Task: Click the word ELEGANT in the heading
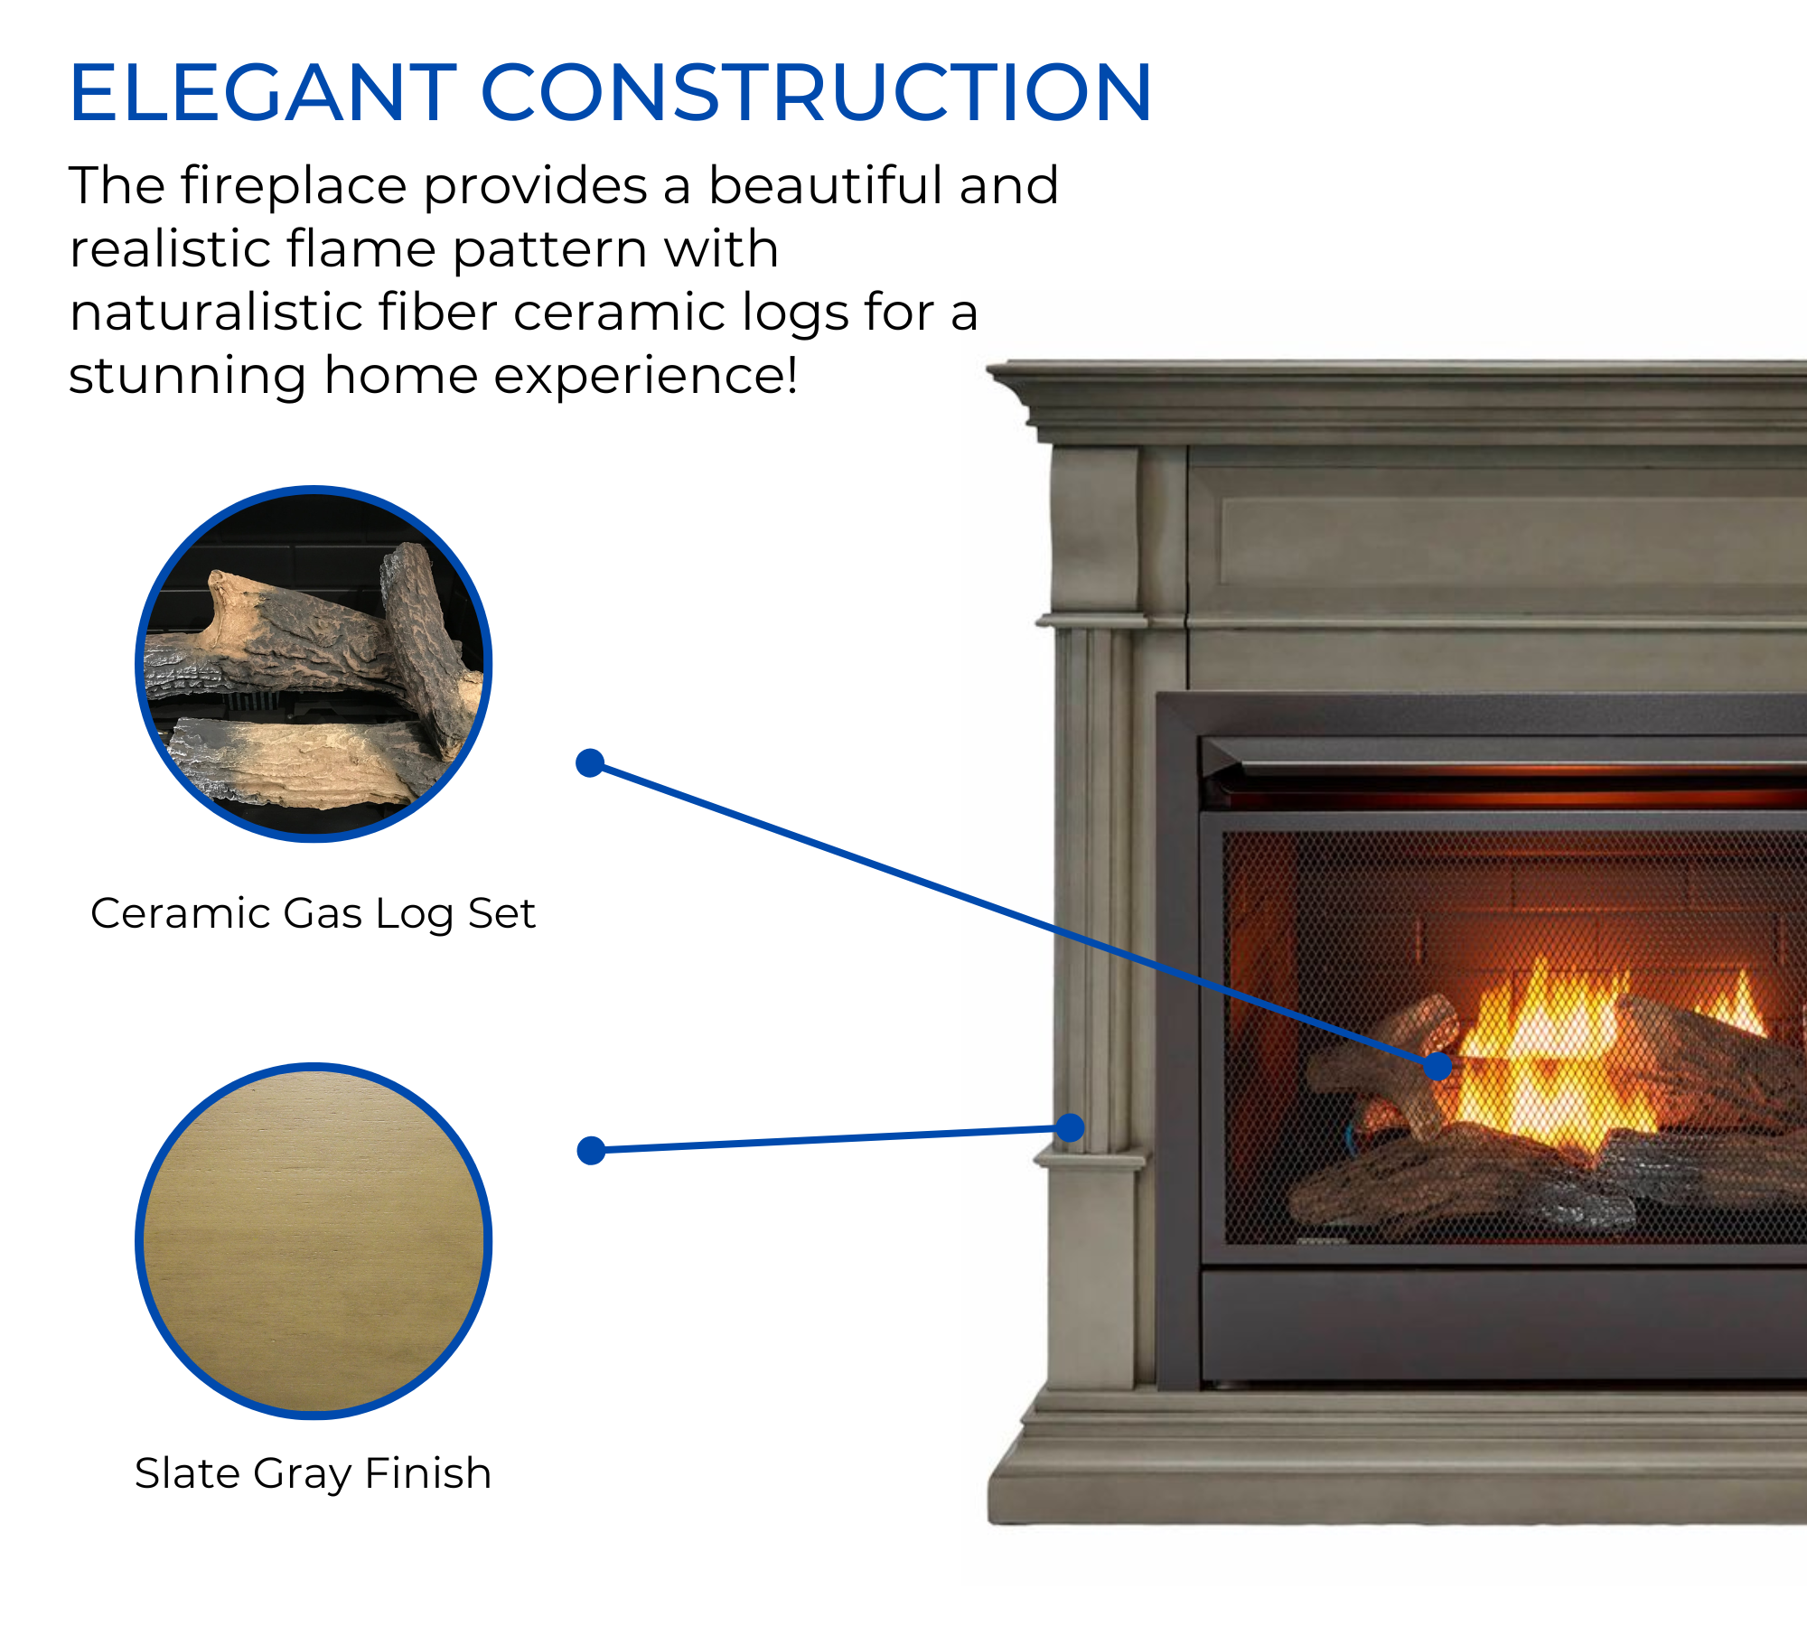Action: coord(264,92)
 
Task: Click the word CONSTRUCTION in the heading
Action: coord(817,92)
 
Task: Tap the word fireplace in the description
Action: coord(294,187)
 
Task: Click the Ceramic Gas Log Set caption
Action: coord(313,914)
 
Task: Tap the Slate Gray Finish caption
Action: coord(313,1474)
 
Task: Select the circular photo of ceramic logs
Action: coord(314,664)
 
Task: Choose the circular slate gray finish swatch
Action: coord(314,1241)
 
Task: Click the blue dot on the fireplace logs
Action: coord(1437,1066)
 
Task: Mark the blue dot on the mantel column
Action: coord(1070,1127)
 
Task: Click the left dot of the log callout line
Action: coord(590,763)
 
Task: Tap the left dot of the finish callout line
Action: coord(591,1150)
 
